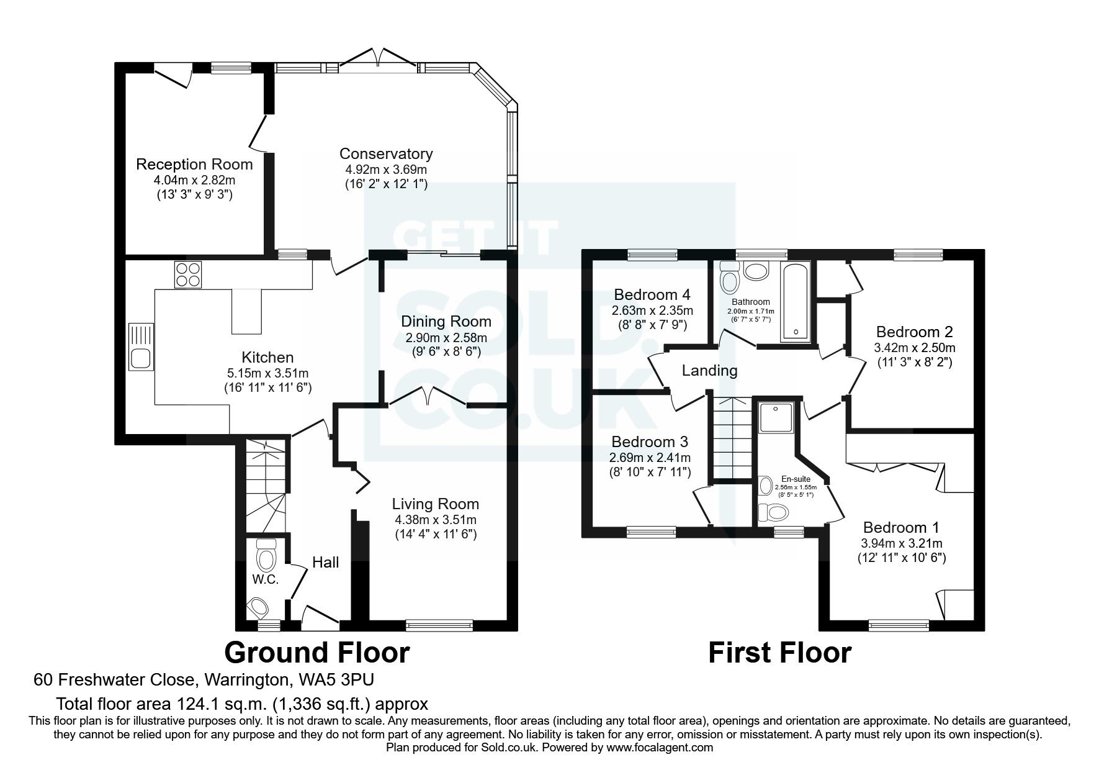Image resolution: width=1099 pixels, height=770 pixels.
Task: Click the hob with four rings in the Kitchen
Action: tap(189, 274)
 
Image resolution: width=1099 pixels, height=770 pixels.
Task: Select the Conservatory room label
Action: tap(385, 153)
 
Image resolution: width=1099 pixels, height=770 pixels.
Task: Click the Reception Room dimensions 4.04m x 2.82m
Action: tap(194, 180)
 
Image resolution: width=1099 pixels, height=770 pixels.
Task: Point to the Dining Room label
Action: tap(446, 321)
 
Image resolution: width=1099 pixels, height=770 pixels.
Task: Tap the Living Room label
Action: tap(435, 504)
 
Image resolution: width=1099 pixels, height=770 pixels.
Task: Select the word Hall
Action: tap(325, 562)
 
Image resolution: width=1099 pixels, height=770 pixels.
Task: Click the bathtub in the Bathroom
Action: tap(795, 302)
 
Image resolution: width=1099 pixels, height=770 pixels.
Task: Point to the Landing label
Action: tap(709, 371)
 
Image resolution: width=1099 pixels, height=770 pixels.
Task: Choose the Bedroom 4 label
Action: tap(652, 294)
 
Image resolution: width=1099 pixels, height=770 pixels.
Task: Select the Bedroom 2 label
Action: tap(914, 332)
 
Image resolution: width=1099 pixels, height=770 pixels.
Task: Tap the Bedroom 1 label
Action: tap(901, 527)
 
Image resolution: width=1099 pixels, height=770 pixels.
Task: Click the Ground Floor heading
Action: tap(316, 653)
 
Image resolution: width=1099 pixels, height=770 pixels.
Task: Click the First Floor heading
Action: tap(779, 653)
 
